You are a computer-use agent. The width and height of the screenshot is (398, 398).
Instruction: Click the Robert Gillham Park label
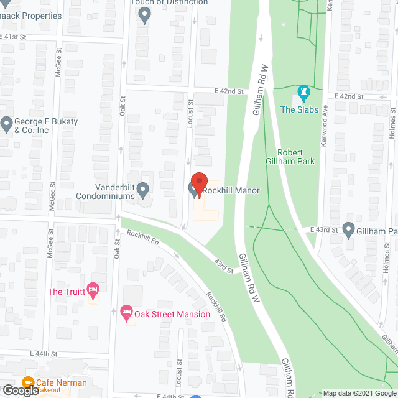pyautogui.click(x=296, y=157)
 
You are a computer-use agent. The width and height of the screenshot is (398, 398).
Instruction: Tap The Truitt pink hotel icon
pyautogui.click(x=93, y=289)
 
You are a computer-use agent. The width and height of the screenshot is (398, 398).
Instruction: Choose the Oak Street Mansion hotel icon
pyautogui.click(x=126, y=311)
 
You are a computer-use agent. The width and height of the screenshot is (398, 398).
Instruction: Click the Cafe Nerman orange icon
pyautogui.click(x=28, y=381)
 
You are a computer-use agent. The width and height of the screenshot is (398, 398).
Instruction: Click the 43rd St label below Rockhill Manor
pyautogui.click(x=224, y=266)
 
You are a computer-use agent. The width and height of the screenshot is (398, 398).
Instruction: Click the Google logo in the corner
pyautogui.click(x=20, y=391)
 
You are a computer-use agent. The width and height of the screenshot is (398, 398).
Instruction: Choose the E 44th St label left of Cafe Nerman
pyautogui.click(x=44, y=353)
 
